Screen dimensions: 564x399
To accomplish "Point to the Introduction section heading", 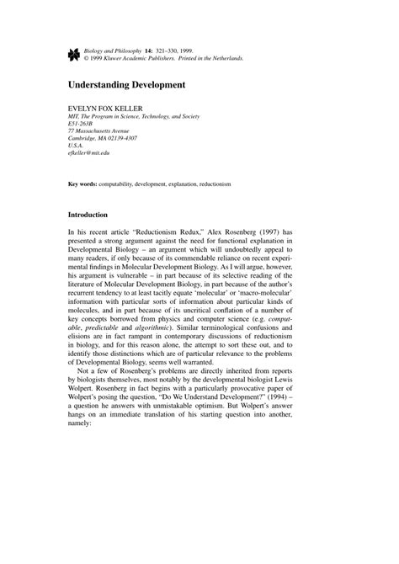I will click(93, 215).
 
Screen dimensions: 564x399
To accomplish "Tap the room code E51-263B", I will click(82, 127).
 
